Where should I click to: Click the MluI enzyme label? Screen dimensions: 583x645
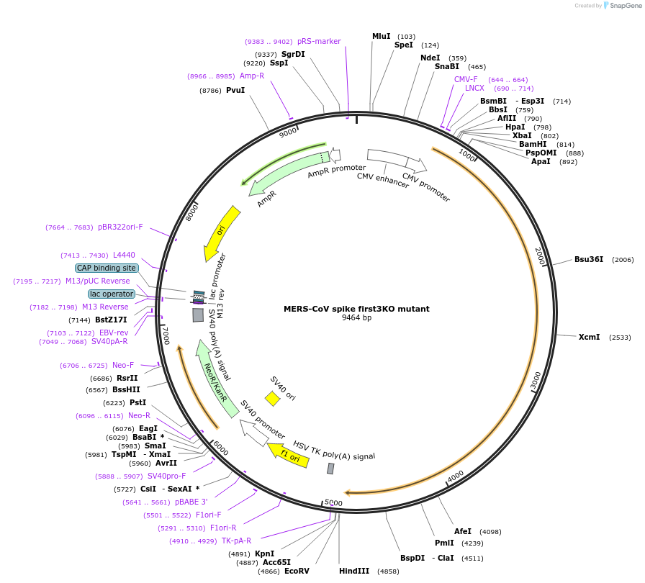381,36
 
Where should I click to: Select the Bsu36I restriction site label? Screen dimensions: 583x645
588,259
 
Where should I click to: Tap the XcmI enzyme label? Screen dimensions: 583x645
589,337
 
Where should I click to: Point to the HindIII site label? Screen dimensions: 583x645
353,571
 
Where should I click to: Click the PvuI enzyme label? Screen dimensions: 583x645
235,90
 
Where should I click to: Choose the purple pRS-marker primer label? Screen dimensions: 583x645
319,41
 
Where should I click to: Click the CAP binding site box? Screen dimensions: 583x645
107,268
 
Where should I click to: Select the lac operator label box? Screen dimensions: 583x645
111,294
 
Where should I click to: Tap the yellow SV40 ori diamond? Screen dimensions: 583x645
272,398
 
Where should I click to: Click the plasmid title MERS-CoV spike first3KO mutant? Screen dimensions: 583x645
356,309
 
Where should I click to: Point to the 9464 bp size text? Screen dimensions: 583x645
356,317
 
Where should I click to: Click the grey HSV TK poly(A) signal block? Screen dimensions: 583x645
330,469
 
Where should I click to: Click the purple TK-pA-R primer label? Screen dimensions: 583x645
236,541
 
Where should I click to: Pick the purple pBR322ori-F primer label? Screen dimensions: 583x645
120,227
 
